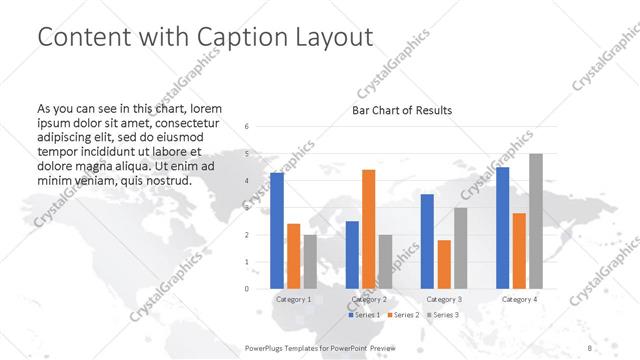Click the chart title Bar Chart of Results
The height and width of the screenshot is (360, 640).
click(402, 110)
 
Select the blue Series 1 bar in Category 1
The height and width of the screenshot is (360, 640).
click(277, 231)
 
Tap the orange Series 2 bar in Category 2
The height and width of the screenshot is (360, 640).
click(368, 229)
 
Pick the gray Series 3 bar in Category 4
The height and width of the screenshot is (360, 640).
click(536, 221)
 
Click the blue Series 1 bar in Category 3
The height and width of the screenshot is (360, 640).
click(427, 241)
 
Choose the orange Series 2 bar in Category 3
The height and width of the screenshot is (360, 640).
click(444, 264)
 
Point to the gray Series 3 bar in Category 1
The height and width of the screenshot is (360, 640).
click(310, 262)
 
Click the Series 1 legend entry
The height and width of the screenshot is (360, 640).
click(365, 315)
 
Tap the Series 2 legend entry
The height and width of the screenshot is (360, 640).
click(404, 315)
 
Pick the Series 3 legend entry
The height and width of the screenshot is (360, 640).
click(443, 315)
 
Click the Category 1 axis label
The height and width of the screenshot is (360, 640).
click(293, 299)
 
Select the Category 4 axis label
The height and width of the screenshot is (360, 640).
click(519, 299)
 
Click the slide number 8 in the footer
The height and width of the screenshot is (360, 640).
click(590, 347)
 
